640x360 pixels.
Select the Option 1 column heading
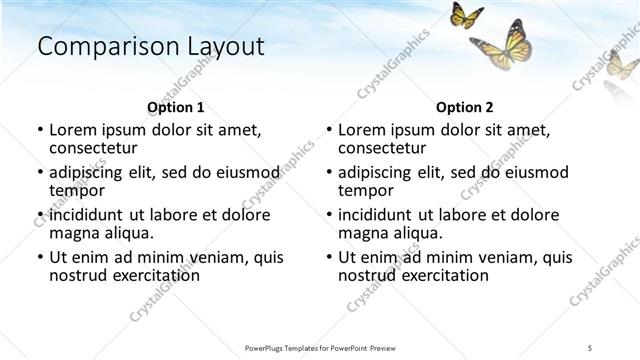click(175, 107)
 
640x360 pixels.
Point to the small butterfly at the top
click(467, 16)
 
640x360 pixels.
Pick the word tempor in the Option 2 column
click(367, 190)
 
